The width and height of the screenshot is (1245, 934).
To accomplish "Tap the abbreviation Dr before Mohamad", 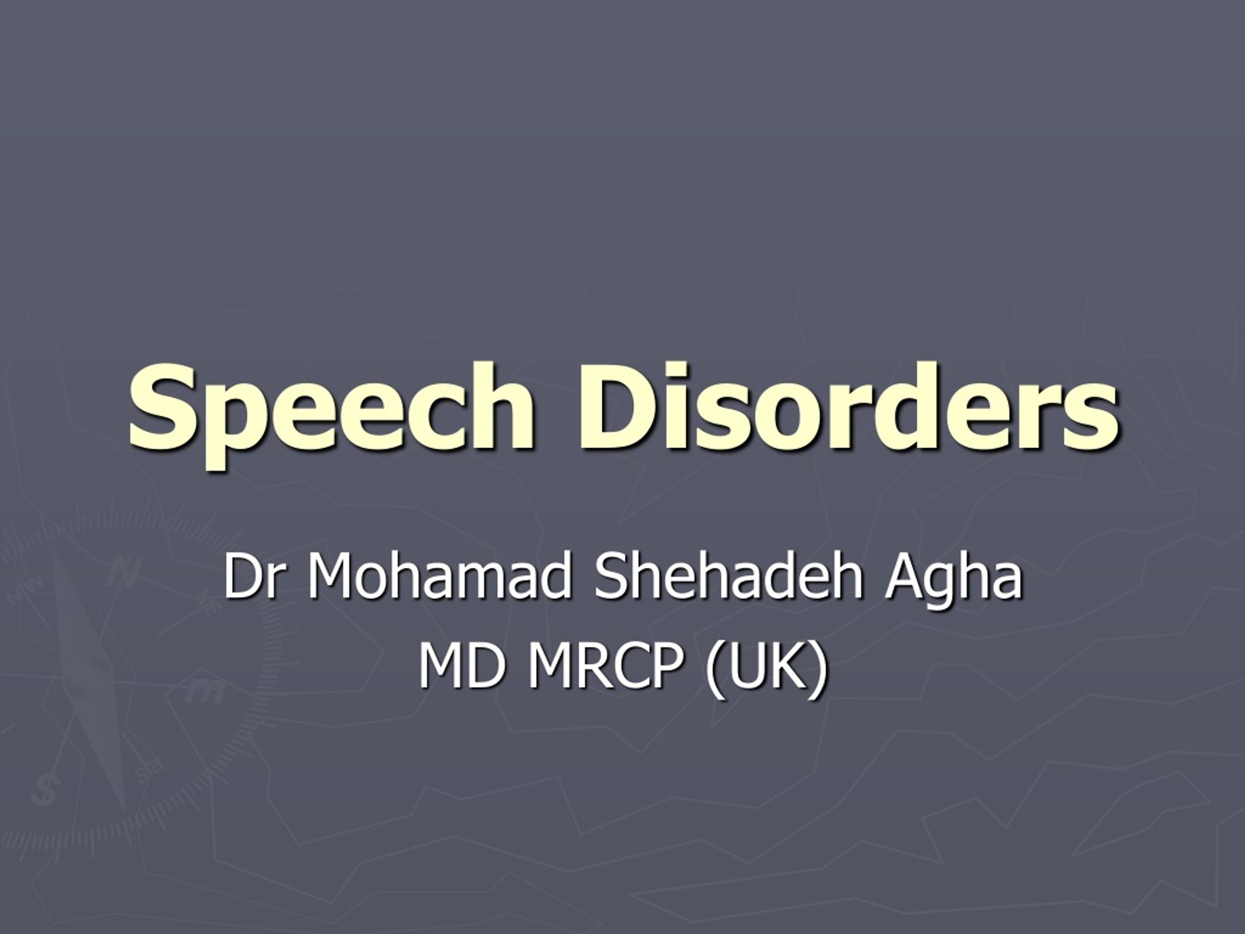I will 251,577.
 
